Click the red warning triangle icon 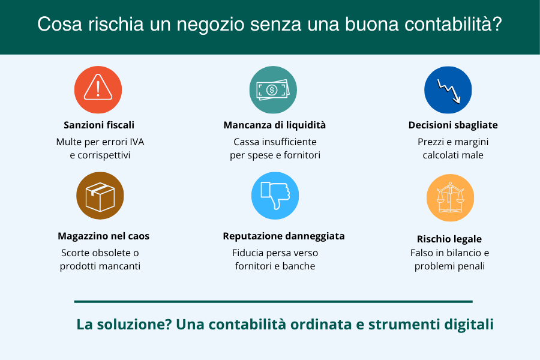click(98, 89)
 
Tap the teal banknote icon click(273, 89)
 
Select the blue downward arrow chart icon click(448, 90)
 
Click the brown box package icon click(100, 196)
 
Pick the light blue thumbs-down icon click(275, 196)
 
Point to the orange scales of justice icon click(450, 198)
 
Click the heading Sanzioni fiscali click(99, 125)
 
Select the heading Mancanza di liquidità click(274, 125)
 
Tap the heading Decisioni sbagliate click(453, 125)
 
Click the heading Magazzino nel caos click(103, 236)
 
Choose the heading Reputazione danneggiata click(284, 236)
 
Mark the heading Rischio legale click(449, 239)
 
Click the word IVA click(137, 142)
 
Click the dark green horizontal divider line click(274, 301)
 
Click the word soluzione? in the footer click(134, 324)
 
